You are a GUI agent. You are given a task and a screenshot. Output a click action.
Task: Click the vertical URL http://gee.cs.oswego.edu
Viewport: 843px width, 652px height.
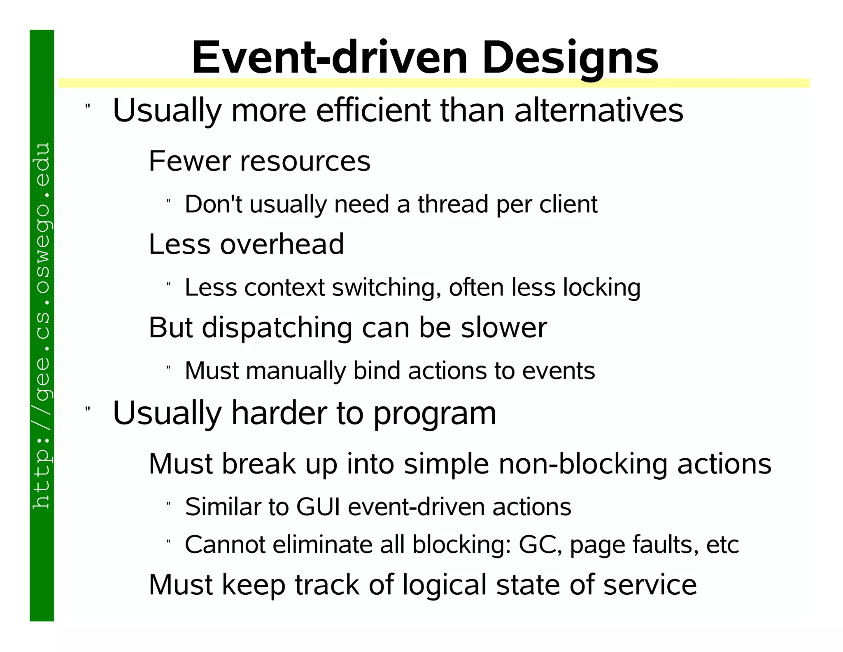coord(42,326)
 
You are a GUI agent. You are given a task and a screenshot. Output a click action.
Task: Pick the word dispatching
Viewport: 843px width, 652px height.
coord(277,328)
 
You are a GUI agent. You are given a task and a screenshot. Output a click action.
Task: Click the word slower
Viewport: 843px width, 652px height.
coord(503,328)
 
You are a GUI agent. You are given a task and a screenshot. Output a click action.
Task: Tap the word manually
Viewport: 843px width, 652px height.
coord(296,371)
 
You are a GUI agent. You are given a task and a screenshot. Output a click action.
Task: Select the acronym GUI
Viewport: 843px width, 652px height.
coord(318,507)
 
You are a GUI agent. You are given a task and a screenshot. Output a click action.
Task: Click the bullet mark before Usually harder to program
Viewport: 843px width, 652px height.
coord(87,409)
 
